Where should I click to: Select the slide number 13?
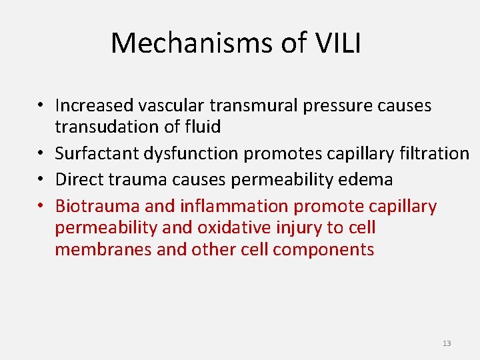pos(447,343)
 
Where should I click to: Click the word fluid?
pos(203,127)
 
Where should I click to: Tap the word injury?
pos(299,228)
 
